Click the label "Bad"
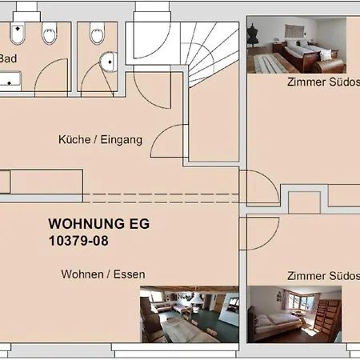8,58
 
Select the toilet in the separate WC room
97,33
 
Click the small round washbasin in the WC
109,62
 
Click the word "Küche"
74,139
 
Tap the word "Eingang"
122,140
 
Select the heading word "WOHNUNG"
86,224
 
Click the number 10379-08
78,241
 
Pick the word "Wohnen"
82,274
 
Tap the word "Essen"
130,274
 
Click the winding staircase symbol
210,54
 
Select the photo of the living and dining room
190,314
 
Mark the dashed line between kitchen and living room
161,198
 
